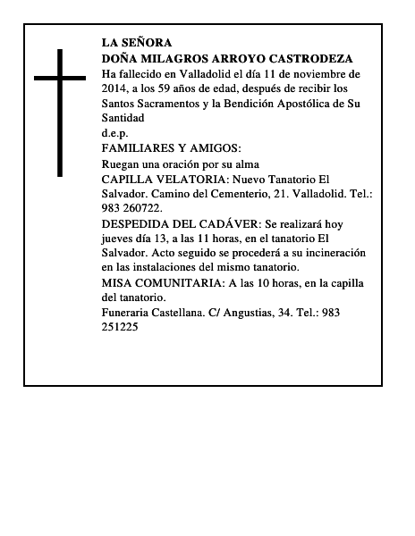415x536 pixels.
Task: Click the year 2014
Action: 115,89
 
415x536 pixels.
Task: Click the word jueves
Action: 120,239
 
